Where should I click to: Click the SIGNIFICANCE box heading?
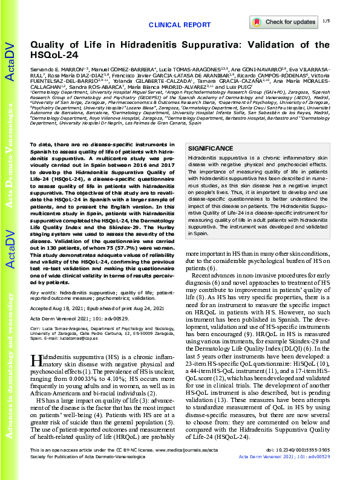point(209,148)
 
